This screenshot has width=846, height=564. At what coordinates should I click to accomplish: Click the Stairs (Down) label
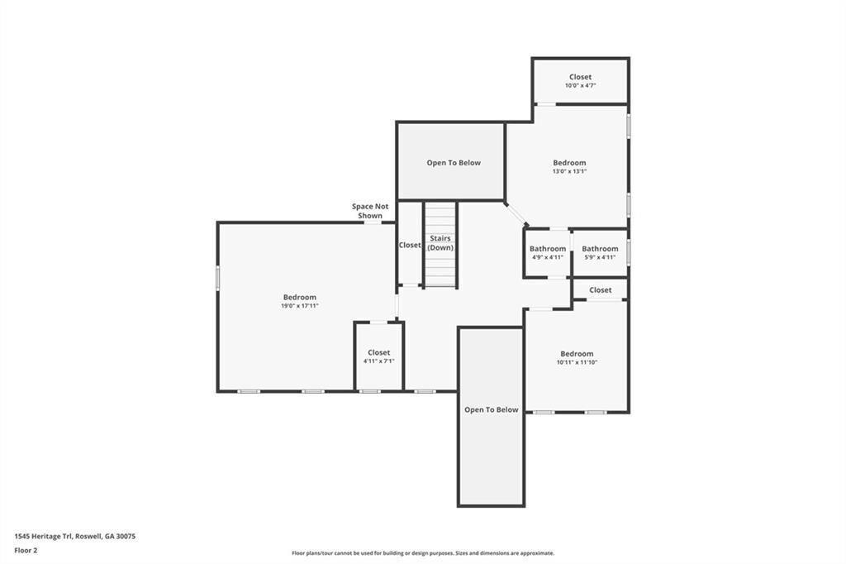click(440, 243)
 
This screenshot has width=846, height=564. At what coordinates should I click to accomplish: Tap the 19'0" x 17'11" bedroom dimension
click(299, 306)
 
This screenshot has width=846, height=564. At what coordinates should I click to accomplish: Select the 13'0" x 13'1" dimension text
click(569, 171)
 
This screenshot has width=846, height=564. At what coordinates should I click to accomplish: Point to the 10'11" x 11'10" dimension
click(577, 362)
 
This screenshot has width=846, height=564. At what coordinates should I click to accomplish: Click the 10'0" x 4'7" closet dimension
click(580, 85)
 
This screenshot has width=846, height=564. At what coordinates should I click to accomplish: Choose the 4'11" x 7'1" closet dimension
click(378, 361)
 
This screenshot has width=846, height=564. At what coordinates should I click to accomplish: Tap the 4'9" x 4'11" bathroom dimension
click(548, 257)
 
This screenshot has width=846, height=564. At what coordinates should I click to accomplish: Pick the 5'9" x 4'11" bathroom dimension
click(600, 257)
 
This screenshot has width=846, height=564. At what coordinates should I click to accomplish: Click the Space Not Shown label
click(370, 211)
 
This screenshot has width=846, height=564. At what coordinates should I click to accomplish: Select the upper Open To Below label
click(454, 163)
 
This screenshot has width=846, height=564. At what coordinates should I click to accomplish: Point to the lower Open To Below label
click(491, 409)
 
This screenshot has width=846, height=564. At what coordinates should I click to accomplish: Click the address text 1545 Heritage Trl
click(43, 537)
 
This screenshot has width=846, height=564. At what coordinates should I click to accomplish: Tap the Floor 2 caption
click(26, 551)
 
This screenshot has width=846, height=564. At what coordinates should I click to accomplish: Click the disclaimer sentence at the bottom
click(423, 553)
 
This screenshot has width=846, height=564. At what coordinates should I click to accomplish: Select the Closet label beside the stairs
click(410, 245)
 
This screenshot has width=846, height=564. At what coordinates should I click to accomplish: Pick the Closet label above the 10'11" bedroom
click(600, 290)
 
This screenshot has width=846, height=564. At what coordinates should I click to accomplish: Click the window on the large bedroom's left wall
click(218, 278)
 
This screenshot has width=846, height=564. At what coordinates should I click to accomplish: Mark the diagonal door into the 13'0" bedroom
click(516, 213)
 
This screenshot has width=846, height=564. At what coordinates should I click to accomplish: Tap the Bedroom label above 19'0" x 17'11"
click(299, 297)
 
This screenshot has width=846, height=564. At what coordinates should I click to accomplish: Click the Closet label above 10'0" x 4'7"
click(580, 77)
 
